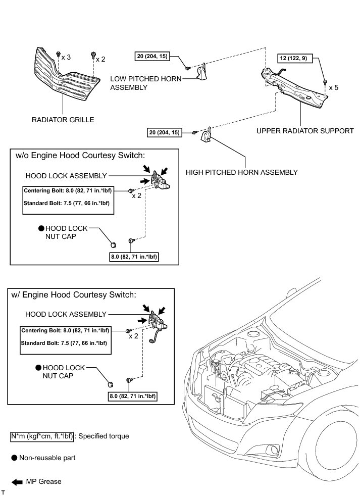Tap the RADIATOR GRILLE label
(63, 120)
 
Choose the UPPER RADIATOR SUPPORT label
(305, 131)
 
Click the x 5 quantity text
(334, 87)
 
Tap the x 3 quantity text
(66, 58)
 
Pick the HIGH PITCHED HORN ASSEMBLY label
(241, 172)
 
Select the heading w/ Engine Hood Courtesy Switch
(73, 295)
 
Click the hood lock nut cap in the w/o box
(114, 245)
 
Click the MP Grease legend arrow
(18, 481)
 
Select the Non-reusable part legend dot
(14, 458)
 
